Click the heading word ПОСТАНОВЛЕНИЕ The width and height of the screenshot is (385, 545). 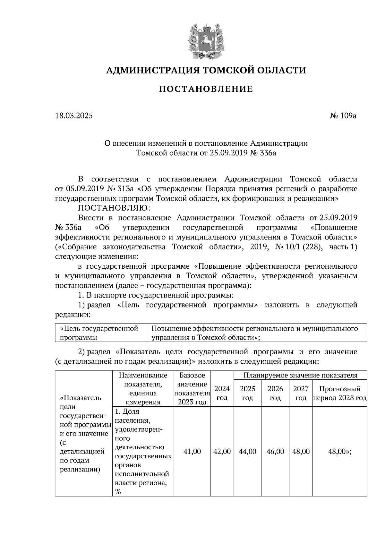point(206,89)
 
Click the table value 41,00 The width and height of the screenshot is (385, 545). point(192,451)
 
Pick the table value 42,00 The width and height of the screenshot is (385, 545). point(222,451)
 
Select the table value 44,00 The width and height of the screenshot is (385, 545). point(248,451)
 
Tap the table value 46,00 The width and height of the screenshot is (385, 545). point(275,451)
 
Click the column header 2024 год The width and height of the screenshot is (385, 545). point(222,393)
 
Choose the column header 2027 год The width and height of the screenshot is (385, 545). point(301,393)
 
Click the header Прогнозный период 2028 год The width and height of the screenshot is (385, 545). point(340,393)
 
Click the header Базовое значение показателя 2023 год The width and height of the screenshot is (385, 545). point(192,388)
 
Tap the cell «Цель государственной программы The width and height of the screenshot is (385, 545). point(99,333)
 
